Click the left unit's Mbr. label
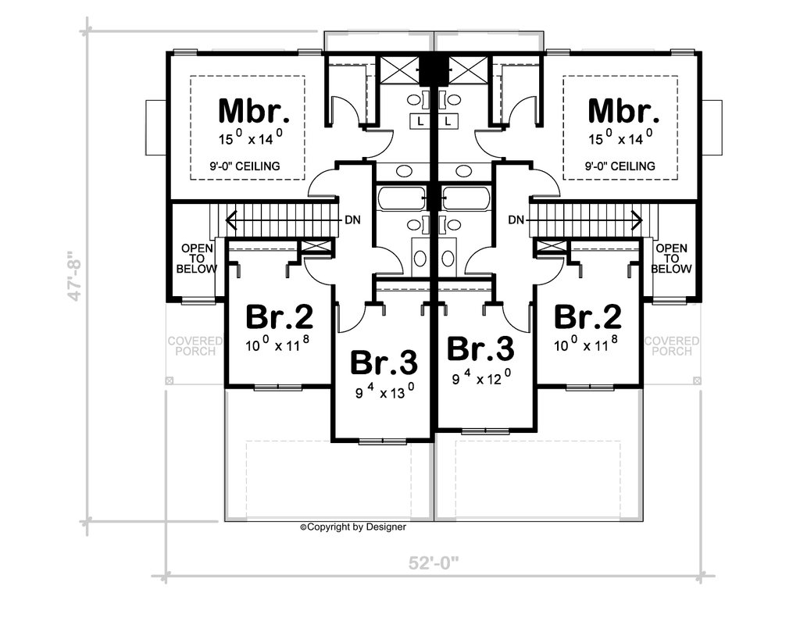[x=254, y=111]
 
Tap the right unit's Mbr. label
[x=623, y=111]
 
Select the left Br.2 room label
[x=280, y=317]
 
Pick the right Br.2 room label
[x=588, y=317]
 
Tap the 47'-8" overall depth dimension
[x=73, y=276]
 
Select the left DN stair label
[x=352, y=220]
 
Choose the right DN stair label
[x=516, y=220]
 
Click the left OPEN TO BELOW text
[x=197, y=259]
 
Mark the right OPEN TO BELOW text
[x=672, y=259]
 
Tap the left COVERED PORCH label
[x=195, y=346]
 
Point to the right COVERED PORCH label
[x=672, y=346]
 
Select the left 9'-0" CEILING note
[x=245, y=166]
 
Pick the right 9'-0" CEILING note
[x=620, y=166]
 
